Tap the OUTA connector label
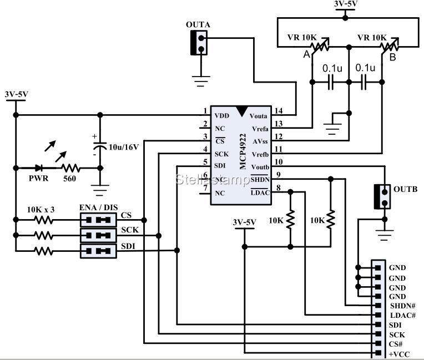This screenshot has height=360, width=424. pyautogui.click(x=198, y=24)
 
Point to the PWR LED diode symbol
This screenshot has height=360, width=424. pyautogui.click(x=39, y=167)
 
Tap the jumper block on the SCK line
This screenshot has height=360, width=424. pyautogui.click(x=98, y=235)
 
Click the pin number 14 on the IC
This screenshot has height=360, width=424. pyautogui.click(x=278, y=111)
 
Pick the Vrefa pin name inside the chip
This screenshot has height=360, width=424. pyautogui.click(x=260, y=129)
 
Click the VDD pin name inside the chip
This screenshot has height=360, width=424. pyautogui.click(x=221, y=116)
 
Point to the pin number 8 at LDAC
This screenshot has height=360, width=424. pyautogui.click(x=278, y=188)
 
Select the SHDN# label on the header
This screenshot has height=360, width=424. pyautogui.click(x=401, y=306)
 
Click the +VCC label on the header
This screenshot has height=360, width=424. pyautogui.click(x=399, y=353)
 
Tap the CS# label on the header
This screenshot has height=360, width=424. pyautogui.click(x=396, y=344)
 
